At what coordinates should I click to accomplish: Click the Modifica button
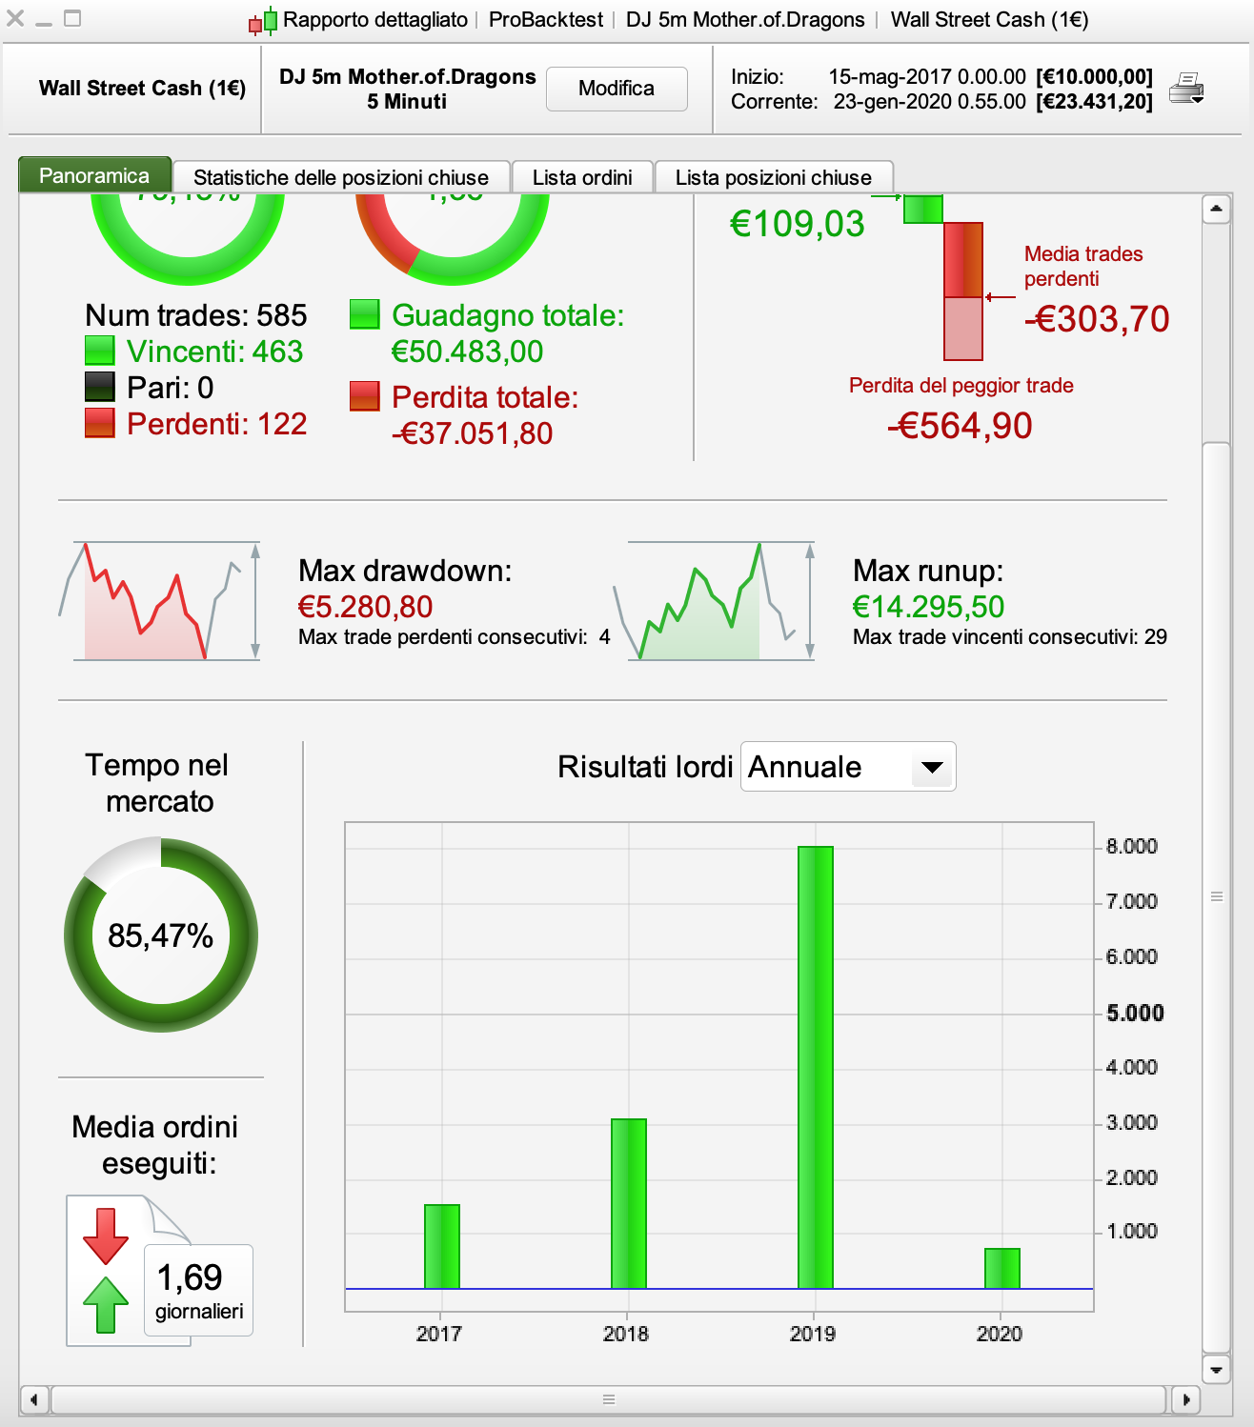(x=617, y=89)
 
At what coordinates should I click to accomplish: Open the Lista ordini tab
(x=582, y=177)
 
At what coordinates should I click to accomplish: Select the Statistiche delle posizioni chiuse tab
(x=340, y=177)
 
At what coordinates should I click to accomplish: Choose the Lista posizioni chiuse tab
(x=773, y=177)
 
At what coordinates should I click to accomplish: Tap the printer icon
(x=1186, y=89)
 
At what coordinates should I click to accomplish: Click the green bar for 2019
(x=815, y=1067)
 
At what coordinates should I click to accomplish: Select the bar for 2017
(x=442, y=1246)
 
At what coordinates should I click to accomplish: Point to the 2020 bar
(x=1001, y=1268)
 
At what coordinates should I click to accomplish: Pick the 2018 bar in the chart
(x=629, y=1203)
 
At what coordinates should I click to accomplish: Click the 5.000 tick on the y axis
(x=1134, y=1013)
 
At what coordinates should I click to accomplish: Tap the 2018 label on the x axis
(x=626, y=1334)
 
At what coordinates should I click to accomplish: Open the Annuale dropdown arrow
(x=932, y=767)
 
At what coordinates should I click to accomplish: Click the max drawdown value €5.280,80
(x=365, y=607)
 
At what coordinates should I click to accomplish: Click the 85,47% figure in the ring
(x=160, y=935)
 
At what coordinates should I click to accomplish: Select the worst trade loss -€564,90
(x=960, y=426)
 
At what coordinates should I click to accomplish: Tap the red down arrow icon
(x=106, y=1235)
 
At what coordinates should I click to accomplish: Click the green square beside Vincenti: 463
(x=100, y=351)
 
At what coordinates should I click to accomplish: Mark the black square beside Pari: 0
(x=100, y=387)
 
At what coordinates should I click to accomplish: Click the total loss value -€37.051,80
(x=472, y=433)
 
